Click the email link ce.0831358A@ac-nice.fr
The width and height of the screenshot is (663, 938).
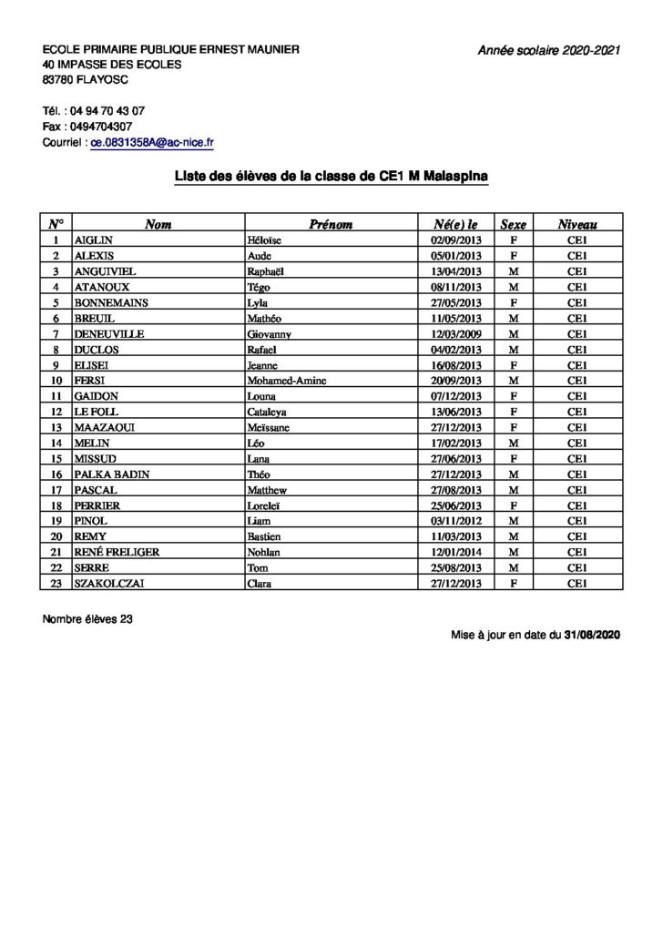[152, 143]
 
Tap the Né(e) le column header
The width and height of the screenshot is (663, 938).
[456, 224]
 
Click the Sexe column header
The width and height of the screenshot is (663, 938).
[513, 224]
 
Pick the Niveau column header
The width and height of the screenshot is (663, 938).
[577, 224]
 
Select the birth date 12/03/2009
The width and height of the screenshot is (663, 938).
[455, 334]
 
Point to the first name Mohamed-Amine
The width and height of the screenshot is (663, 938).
[287, 381]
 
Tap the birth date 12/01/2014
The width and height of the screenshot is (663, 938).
[455, 553]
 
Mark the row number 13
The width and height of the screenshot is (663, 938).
[56, 427]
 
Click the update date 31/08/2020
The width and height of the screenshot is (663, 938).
[592, 635]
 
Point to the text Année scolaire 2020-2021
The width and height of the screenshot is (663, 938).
[549, 51]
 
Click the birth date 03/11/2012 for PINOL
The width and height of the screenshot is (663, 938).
[455, 521]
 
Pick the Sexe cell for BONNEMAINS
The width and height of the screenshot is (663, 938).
[513, 302]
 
